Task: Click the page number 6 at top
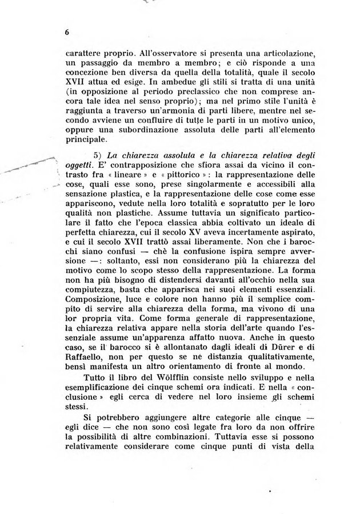(x=67, y=33)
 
